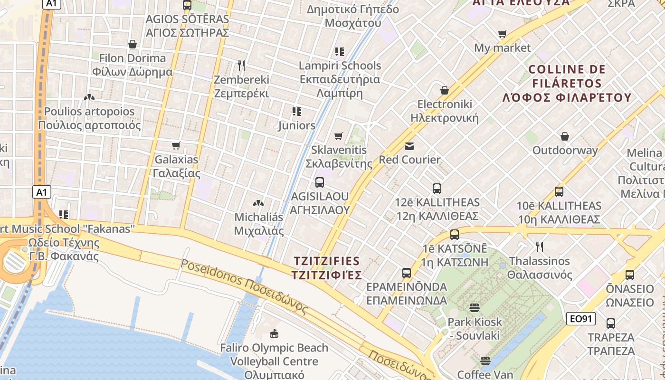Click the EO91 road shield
[580, 319]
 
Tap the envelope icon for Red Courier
[409, 146]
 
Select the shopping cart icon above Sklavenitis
[339, 136]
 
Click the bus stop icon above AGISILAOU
[320, 182]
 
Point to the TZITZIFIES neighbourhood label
[327, 268]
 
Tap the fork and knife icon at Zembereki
[241, 65]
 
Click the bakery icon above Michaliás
[258, 203]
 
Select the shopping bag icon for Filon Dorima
[133, 44]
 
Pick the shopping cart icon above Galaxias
[176, 145]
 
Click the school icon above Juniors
[297, 112]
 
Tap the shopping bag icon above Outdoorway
[565, 136]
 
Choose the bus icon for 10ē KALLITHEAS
[559, 192]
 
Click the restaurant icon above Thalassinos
[539, 247]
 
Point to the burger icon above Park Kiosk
[475, 307]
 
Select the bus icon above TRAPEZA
[611, 323]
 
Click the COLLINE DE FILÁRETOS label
[567, 84]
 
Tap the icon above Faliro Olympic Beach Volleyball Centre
[274, 333]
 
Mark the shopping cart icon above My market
[503, 34]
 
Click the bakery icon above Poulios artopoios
[89, 97]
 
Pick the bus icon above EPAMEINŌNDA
[407, 273]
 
